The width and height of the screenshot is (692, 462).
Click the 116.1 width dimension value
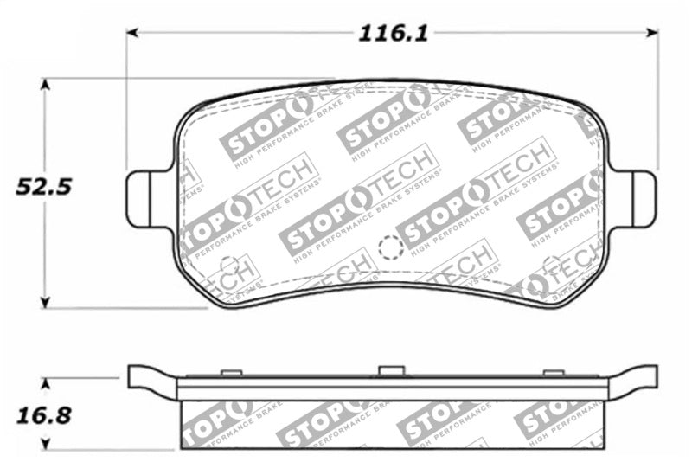click(394, 34)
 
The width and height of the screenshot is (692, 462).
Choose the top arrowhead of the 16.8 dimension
click(46, 382)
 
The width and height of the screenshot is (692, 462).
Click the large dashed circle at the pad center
click(391, 248)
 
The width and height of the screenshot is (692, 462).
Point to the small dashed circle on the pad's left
click(229, 266)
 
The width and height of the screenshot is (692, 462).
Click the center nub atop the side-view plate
click(392, 371)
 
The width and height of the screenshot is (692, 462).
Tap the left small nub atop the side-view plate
click(231, 373)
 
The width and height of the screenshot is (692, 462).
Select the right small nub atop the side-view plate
click(553, 373)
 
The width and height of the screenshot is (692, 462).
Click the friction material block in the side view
click(392, 425)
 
